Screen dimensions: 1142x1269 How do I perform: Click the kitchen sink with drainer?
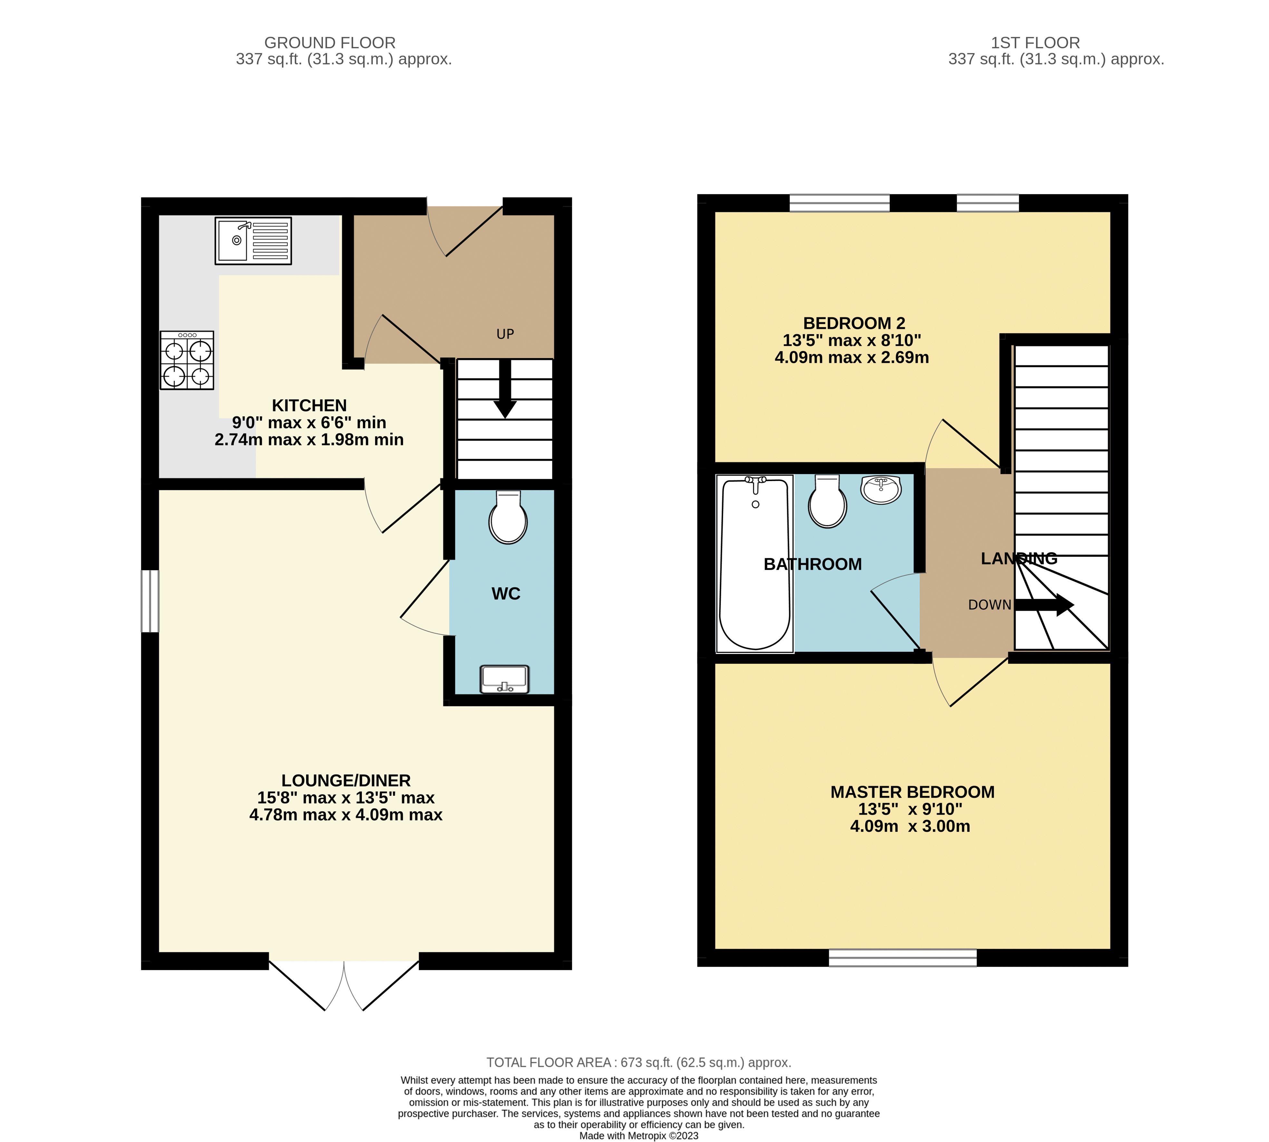[x=253, y=240]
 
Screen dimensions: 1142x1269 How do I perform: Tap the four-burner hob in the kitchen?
[x=187, y=360]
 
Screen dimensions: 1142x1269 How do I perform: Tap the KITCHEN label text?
[x=309, y=405]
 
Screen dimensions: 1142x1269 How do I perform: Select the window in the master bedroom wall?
[x=902, y=958]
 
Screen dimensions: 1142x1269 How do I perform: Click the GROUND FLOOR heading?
[x=330, y=43]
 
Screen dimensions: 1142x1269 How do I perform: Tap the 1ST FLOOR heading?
[x=1035, y=43]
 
